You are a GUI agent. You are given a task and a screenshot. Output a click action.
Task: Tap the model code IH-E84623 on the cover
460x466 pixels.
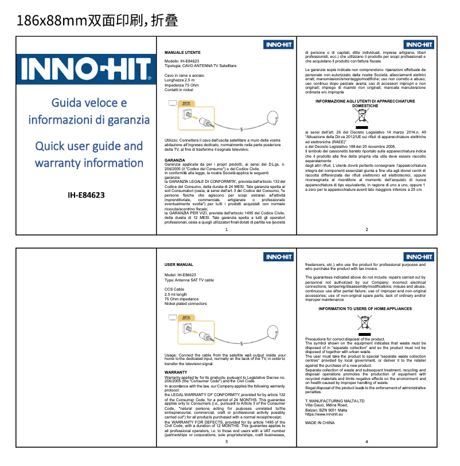[86, 195]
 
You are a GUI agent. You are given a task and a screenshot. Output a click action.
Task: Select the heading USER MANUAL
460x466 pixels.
[178, 265]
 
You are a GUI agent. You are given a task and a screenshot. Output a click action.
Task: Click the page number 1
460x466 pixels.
[227, 229]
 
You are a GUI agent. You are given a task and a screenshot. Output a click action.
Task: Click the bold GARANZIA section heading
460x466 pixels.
[174, 159]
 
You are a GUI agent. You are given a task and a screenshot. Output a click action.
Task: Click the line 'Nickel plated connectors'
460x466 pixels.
[185, 303]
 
